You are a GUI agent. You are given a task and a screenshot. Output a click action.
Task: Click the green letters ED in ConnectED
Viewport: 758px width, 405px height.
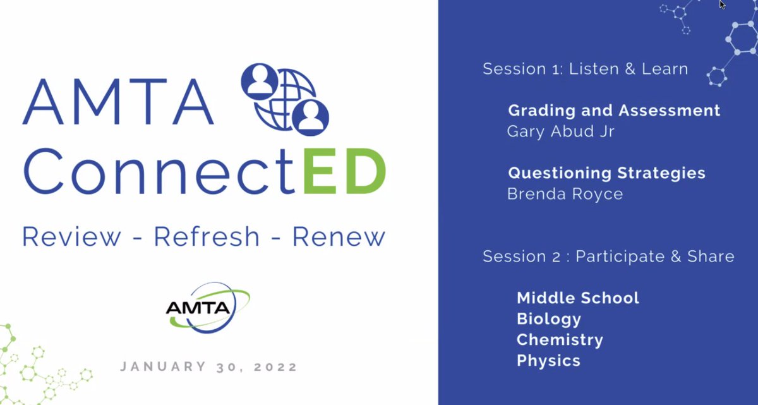(x=344, y=172)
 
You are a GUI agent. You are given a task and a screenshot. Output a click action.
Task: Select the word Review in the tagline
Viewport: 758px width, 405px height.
(x=71, y=237)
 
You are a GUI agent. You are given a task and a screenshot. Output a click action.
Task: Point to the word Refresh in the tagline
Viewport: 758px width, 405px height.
(x=207, y=237)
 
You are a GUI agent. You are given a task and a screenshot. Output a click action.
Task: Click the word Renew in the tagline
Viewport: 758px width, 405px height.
(x=338, y=237)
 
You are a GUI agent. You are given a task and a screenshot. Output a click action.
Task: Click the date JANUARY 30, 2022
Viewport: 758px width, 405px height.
(x=209, y=366)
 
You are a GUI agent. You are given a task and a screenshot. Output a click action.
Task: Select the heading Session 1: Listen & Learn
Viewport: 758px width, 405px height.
(x=585, y=68)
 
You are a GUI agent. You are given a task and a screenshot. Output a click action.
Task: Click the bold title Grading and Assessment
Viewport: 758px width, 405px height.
(x=614, y=111)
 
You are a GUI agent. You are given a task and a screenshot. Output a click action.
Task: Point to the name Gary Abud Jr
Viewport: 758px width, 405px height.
(x=560, y=131)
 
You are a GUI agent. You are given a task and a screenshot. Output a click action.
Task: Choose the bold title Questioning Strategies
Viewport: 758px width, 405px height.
(x=606, y=172)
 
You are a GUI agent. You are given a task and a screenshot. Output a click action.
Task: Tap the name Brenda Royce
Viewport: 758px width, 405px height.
(x=565, y=193)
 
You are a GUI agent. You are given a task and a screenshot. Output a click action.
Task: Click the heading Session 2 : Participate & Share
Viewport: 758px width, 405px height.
(x=608, y=256)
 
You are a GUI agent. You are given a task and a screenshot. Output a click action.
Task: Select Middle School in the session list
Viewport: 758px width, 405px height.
(x=577, y=298)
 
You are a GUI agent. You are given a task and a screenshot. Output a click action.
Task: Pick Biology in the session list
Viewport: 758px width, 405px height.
(x=548, y=318)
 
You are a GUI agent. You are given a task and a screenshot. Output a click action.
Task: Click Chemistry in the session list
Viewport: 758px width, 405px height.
(x=560, y=340)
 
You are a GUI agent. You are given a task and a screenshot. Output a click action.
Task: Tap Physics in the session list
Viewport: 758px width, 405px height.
(x=548, y=361)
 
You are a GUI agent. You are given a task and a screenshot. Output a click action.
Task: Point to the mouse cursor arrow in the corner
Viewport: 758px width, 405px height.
(x=723, y=5)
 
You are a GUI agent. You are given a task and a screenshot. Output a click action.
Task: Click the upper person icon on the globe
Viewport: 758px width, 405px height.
(x=259, y=81)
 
